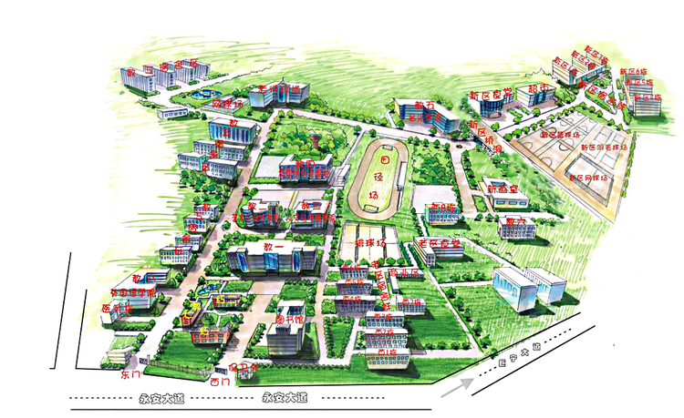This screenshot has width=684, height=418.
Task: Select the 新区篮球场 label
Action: click(560, 135)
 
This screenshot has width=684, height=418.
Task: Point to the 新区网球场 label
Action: click(581, 178)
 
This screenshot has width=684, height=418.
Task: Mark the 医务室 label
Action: click(117, 309)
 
